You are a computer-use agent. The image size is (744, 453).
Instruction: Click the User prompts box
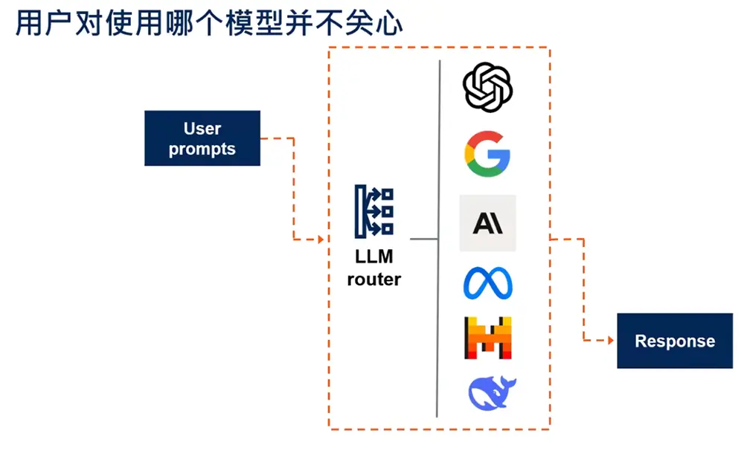point(202,138)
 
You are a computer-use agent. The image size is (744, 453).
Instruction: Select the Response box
point(674,341)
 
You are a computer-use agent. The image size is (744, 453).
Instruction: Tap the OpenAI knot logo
point(487,86)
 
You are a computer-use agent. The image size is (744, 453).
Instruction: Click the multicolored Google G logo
point(487,152)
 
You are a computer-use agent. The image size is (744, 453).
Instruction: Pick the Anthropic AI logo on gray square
point(487,223)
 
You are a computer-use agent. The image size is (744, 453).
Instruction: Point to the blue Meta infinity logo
point(487,283)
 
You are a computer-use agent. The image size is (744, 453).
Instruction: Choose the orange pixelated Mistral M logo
point(487,338)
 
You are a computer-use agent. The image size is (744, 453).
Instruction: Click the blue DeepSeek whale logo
point(491,393)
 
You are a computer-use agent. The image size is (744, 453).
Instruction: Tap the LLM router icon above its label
point(374,211)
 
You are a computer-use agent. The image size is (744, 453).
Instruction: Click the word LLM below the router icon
point(374,257)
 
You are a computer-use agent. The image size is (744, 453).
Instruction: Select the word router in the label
point(374,280)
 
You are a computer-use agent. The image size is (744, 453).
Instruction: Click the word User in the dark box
point(202,129)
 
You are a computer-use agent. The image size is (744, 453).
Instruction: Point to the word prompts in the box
point(202,149)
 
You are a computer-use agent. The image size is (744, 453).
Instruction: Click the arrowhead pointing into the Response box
point(611,341)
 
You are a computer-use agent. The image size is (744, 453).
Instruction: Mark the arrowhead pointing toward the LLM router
point(321,240)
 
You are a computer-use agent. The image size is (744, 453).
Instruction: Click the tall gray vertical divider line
point(438,238)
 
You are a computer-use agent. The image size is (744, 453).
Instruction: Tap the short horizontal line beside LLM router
point(423,240)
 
